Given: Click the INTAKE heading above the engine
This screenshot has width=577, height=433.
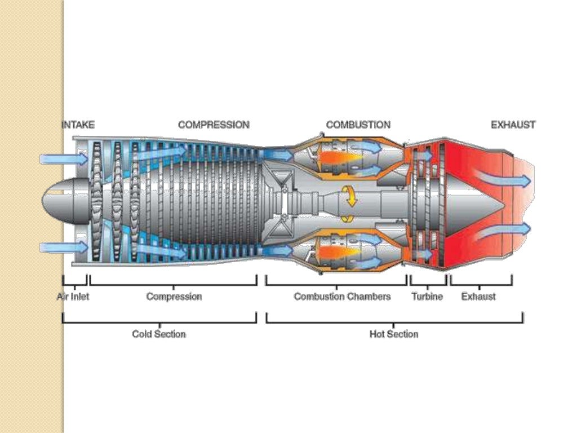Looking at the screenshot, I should (78, 125).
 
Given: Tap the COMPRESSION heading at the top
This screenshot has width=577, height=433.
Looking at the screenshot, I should (214, 125).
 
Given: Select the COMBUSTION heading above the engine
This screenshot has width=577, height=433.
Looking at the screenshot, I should (358, 125).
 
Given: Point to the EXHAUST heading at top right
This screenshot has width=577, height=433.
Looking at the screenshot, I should (513, 125).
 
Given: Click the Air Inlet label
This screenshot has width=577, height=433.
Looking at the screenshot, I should (73, 297).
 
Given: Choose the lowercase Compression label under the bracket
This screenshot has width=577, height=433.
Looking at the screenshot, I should (174, 297).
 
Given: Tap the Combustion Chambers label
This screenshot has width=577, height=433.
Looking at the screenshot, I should (342, 297).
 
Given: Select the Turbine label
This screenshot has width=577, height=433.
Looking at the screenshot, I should (427, 297).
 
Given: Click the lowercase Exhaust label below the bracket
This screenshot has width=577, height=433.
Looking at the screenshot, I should (478, 297).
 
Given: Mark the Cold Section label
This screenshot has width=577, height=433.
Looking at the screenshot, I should (158, 334).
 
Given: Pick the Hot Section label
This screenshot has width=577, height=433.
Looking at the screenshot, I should (394, 334).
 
